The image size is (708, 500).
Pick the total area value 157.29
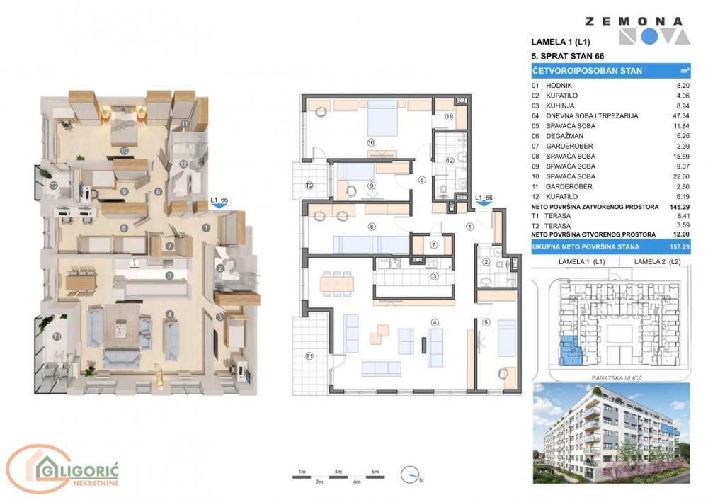(680, 246)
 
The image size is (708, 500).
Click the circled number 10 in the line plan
(370, 142)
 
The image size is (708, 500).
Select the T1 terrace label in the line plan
(309, 356)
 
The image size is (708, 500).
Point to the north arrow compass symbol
(410, 475)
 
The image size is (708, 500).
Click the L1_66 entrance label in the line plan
(483, 198)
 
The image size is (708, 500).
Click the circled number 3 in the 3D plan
(169, 275)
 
